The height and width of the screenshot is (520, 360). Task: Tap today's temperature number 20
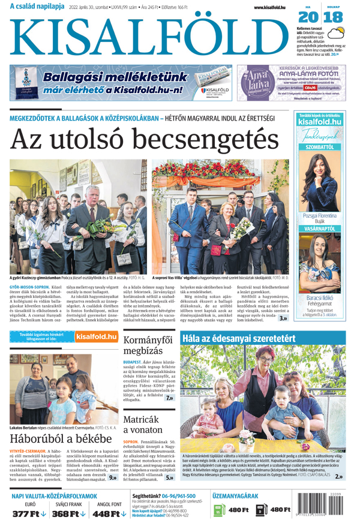(308, 17)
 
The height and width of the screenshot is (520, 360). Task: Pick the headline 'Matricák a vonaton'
(141, 424)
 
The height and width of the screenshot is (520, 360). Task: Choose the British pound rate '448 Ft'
(106, 513)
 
